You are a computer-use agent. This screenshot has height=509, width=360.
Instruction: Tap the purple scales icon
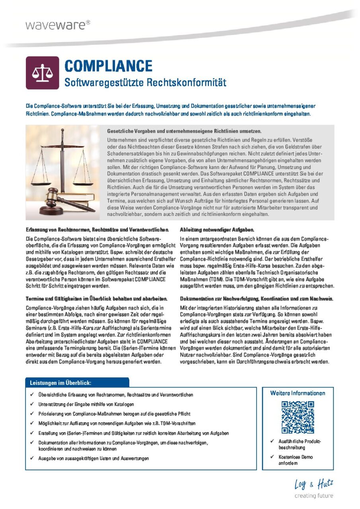pyautogui.click(x=42, y=73)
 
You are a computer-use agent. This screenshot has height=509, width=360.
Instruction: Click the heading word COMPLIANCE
pyautogui.click(x=108, y=66)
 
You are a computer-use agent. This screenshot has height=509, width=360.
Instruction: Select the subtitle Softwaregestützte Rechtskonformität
pyautogui.click(x=145, y=83)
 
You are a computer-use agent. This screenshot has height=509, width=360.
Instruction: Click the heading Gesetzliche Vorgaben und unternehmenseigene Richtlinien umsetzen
pyautogui.click(x=184, y=131)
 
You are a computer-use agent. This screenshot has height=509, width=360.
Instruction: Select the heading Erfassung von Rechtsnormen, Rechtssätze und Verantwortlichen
pyautogui.click(x=98, y=230)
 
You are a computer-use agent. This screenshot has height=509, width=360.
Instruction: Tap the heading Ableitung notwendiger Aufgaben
pyautogui.click(x=217, y=230)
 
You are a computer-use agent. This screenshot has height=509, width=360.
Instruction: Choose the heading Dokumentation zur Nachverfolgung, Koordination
pyautogui.click(x=257, y=298)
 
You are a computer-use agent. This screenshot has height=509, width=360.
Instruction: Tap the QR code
pyautogui.click(x=298, y=417)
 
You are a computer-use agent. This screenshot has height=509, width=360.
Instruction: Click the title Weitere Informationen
pyautogui.click(x=298, y=393)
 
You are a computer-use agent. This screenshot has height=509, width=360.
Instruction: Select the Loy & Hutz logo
pyautogui.click(x=313, y=484)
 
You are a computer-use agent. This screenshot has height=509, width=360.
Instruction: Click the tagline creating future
pyautogui.click(x=313, y=496)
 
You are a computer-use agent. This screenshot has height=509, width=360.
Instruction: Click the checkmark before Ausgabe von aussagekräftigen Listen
pyautogui.click(x=32, y=458)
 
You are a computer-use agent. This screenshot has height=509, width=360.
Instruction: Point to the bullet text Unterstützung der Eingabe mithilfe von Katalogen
pyautogui.click(x=86, y=404)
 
